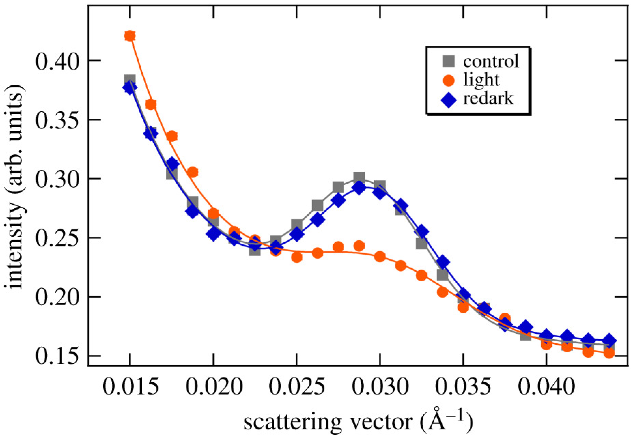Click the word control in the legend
click(491, 61)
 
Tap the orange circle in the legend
click(449, 80)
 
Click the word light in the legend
click(481, 80)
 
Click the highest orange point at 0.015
click(130, 36)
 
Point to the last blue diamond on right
click(609, 340)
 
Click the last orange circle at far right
click(609, 353)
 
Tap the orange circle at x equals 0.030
click(380, 256)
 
